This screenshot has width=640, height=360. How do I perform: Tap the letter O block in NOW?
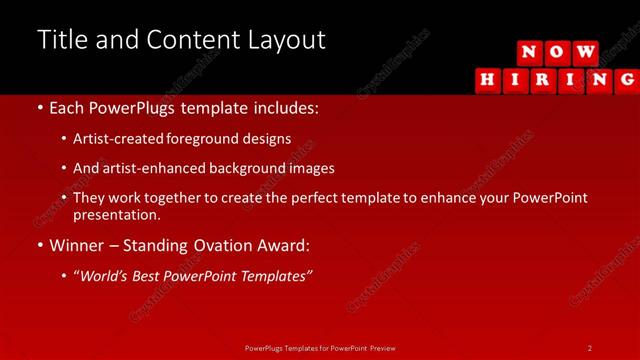click(x=558, y=52)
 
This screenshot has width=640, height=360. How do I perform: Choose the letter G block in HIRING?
click(x=627, y=80)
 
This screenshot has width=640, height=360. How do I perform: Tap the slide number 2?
click(x=590, y=347)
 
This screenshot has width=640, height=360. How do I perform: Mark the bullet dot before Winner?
click(x=39, y=245)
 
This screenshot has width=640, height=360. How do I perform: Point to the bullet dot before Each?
click(x=39, y=107)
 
